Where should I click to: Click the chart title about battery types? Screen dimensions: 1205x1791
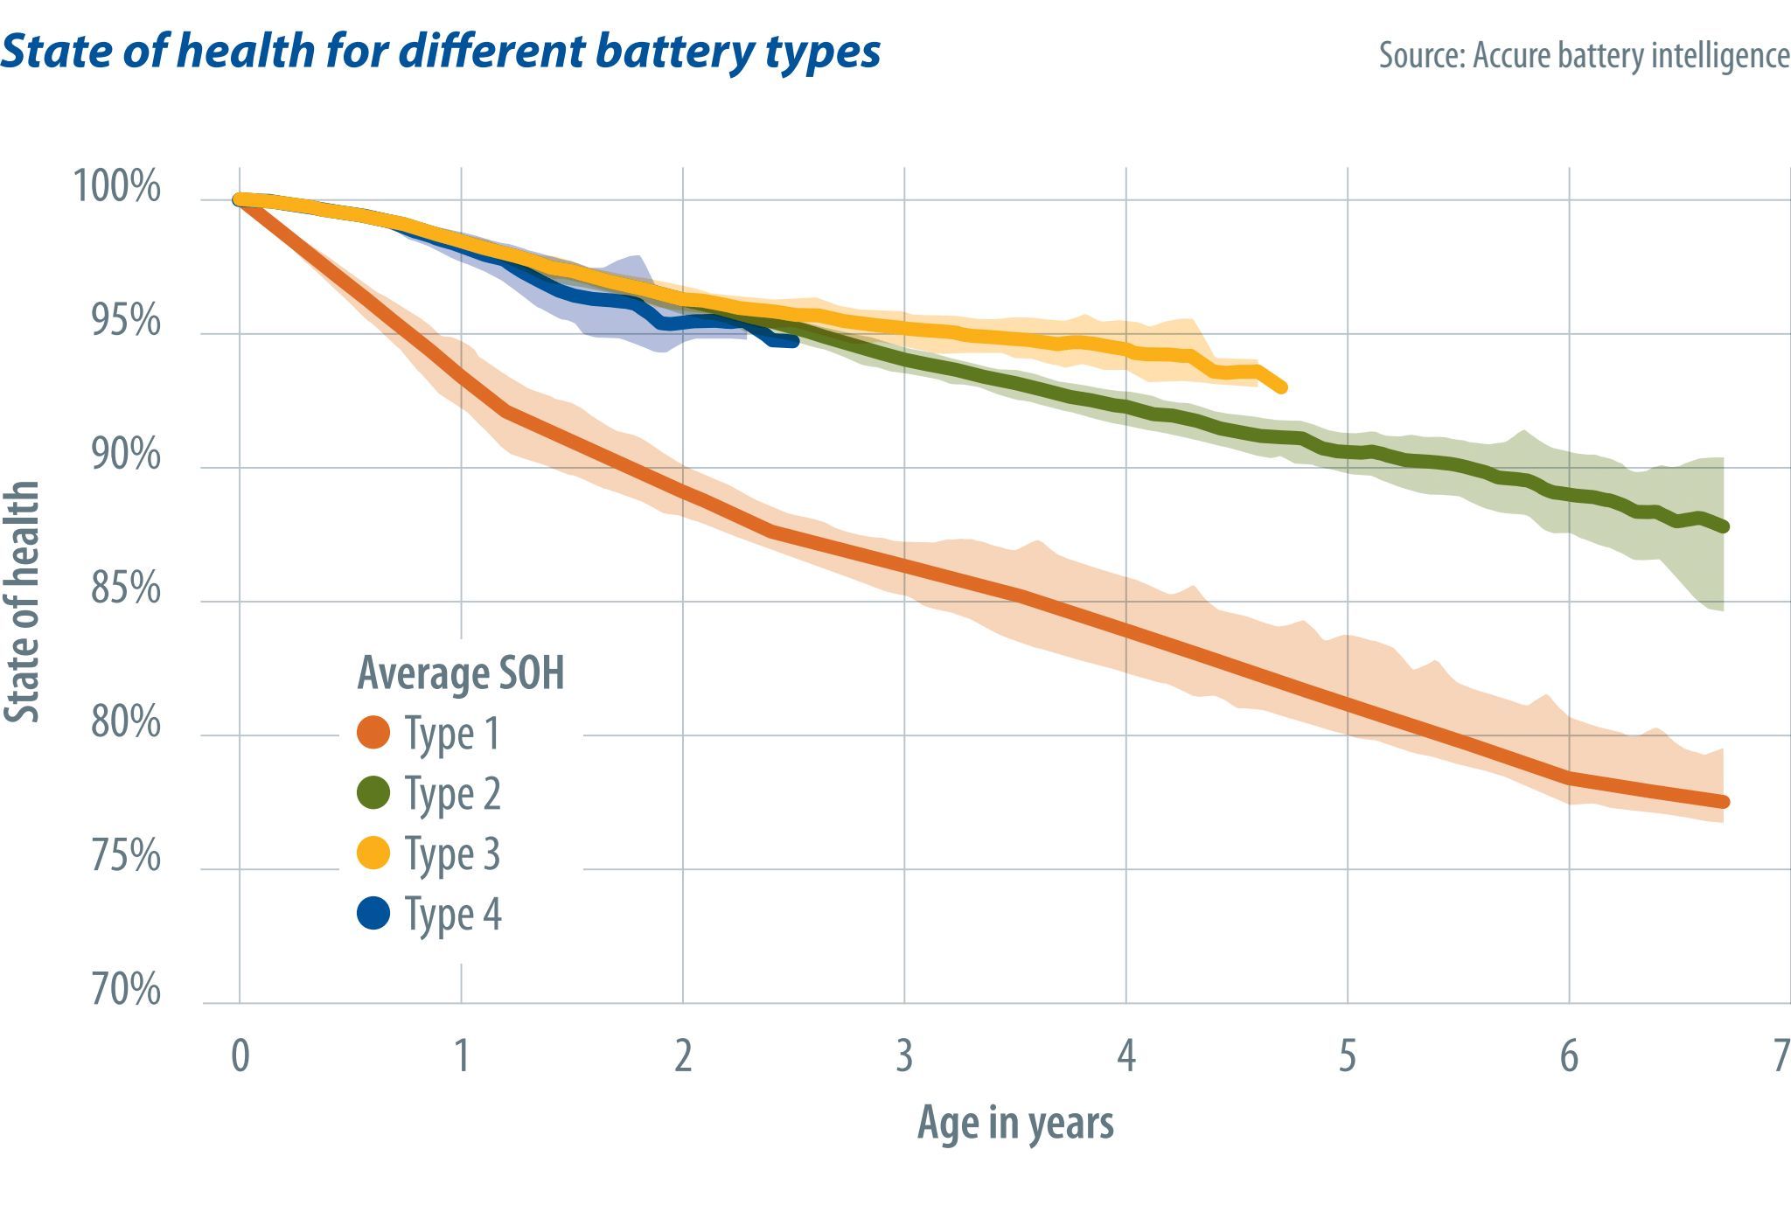point(440,51)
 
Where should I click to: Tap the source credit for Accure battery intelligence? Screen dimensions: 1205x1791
point(1584,55)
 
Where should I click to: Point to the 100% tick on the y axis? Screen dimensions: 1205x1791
point(117,186)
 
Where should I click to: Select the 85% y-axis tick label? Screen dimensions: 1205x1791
point(126,589)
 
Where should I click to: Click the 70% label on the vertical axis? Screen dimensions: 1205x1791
point(126,990)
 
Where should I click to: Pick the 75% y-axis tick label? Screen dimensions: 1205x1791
point(126,856)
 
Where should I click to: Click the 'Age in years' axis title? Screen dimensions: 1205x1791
point(1015,1123)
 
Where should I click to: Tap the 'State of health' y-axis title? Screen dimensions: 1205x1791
point(23,602)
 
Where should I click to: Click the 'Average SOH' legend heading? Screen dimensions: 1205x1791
point(461,673)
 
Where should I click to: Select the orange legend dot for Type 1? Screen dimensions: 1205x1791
point(374,733)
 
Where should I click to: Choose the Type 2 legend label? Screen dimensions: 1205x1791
point(452,794)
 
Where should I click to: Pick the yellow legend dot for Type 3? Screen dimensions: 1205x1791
point(374,853)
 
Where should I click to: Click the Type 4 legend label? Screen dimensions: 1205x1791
point(452,915)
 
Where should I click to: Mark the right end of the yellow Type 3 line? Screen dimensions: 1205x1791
point(1281,387)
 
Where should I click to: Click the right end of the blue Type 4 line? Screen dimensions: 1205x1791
point(794,342)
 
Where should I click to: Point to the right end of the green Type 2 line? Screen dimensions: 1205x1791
point(1724,526)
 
